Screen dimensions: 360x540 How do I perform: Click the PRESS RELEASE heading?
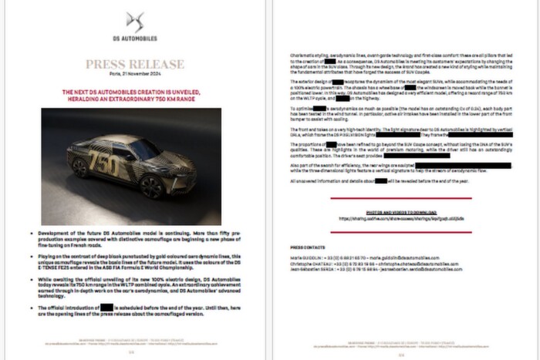coord(135,64)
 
